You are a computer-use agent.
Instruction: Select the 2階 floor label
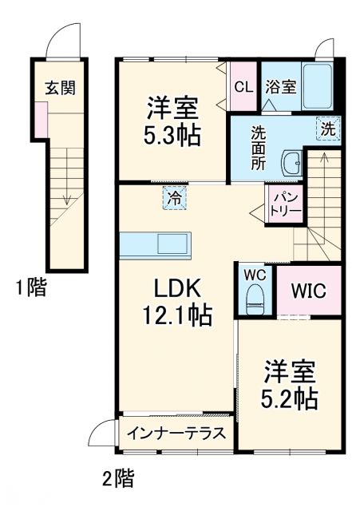(117, 479)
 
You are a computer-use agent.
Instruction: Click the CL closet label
(243, 85)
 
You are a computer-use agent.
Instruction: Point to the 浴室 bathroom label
(282, 85)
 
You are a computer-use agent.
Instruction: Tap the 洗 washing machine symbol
(329, 128)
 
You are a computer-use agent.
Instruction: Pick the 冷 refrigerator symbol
(173, 197)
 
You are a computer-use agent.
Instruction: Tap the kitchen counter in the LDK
(156, 244)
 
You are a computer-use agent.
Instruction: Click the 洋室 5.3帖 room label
(172, 120)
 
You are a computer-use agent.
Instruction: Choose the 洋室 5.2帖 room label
(290, 384)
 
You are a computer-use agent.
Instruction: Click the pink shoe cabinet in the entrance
(41, 119)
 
